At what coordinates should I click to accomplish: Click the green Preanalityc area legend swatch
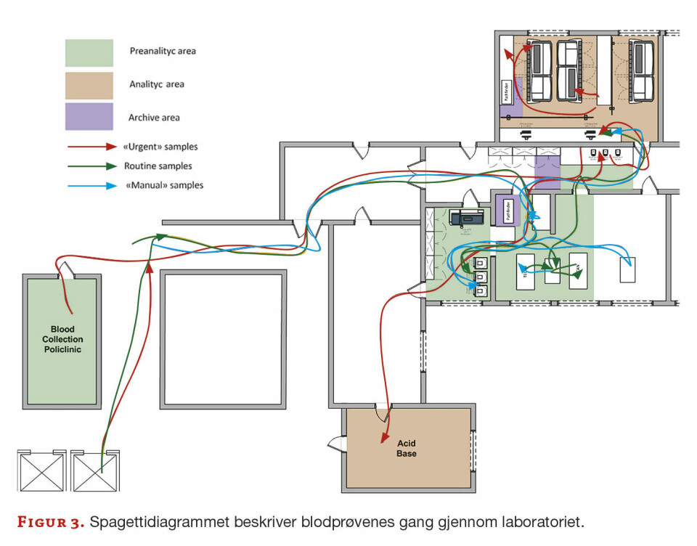[89, 52]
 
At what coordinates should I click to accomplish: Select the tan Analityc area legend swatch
[89, 85]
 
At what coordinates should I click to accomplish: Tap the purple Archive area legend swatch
[89, 117]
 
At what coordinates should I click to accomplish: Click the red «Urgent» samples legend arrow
[91, 147]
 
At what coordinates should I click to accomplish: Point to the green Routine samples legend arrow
[91, 166]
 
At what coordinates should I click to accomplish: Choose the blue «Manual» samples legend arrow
[91, 186]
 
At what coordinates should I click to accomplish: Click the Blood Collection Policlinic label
[62, 339]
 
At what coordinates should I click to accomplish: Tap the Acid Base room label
[407, 448]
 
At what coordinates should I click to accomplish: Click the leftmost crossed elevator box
[41, 472]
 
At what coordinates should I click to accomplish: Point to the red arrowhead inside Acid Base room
[383, 437]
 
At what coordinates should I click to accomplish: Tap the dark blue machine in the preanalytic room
[464, 217]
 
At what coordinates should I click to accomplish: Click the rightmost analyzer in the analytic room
[643, 70]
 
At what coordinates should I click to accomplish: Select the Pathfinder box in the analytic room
[508, 94]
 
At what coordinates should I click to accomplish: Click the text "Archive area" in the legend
[154, 118]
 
